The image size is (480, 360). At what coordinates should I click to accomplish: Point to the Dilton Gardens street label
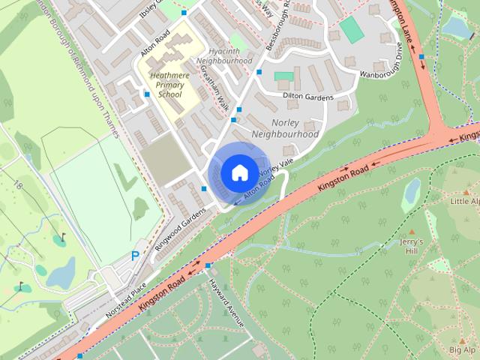(307, 95)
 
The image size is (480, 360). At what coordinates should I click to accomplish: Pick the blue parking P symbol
(135, 256)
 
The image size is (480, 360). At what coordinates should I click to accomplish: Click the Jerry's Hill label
(411, 246)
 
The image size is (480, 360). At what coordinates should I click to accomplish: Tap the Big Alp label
(463, 350)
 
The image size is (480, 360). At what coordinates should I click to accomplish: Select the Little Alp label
(464, 202)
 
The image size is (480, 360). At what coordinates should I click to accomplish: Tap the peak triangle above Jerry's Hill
(411, 231)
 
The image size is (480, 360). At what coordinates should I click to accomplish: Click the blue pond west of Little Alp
(412, 194)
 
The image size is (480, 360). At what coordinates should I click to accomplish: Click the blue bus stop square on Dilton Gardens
(259, 72)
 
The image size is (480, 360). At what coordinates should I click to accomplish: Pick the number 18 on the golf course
(17, 184)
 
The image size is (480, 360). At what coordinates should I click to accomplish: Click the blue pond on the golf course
(61, 272)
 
